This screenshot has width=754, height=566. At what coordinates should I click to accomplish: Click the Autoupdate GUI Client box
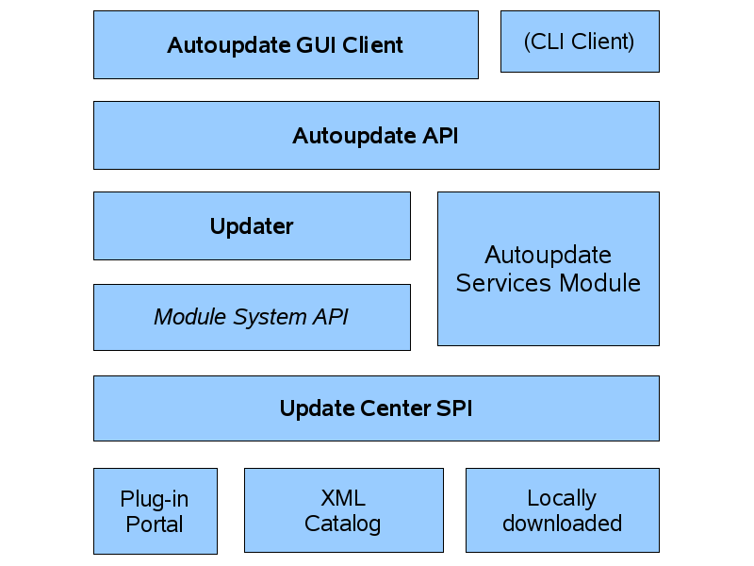(x=286, y=44)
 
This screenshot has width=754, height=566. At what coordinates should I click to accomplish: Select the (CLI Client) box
(x=580, y=42)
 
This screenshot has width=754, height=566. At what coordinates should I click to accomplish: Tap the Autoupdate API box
(x=376, y=135)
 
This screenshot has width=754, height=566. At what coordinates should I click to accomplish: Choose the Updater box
(x=252, y=225)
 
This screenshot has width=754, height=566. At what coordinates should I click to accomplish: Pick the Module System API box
(x=252, y=317)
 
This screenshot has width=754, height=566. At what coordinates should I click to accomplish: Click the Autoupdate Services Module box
(x=548, y=269)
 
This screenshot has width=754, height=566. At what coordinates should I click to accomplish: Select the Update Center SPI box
(x=376, y=408)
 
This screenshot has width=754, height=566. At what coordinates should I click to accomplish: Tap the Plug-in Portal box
(x=155, y=510)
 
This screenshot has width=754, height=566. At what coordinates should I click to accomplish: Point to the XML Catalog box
(x=343, y=510)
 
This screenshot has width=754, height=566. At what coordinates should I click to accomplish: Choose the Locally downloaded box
(x=562, y=510)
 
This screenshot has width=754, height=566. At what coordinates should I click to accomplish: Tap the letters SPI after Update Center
(x=451, y=408)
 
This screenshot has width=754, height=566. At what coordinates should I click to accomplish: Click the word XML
(x=343, y=498)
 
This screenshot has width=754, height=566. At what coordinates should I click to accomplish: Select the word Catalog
(x=343, y=524)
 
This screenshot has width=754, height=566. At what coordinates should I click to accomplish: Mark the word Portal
(x=155, y=524)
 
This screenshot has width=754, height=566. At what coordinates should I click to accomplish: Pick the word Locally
(x=562, y=498)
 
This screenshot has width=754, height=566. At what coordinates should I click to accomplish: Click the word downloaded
(x=562, y=524)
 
